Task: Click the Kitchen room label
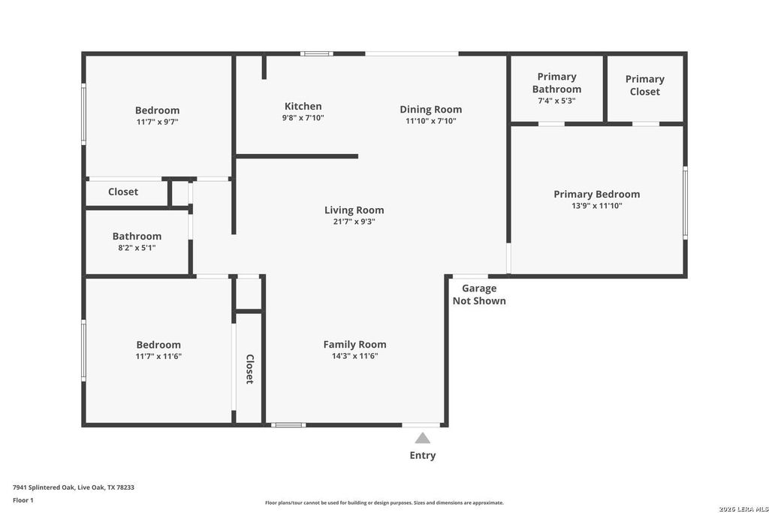point(303,106)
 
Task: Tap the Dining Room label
point(430,110)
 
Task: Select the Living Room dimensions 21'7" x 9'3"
point(354,221)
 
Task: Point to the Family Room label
point(354,344)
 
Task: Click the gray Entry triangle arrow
point(422,438)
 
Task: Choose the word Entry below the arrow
point(423,455)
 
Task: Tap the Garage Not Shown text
point(479,294)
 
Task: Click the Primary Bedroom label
point(597,195)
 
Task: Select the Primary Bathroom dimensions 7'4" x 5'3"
point(556,101)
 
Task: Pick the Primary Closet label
point(645,86)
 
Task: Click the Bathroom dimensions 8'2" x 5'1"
point(137,248)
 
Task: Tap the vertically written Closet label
point(249,369)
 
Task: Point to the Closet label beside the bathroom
point(123,192)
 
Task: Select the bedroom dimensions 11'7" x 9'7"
point(158,122)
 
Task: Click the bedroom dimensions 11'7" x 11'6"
point(158,356)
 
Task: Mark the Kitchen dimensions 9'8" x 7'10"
point(303,118)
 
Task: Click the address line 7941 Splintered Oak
point(74,487)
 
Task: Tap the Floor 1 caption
point(23,500)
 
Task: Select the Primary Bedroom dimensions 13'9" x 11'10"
point(597,206)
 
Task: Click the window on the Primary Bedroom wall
point(685,203)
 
